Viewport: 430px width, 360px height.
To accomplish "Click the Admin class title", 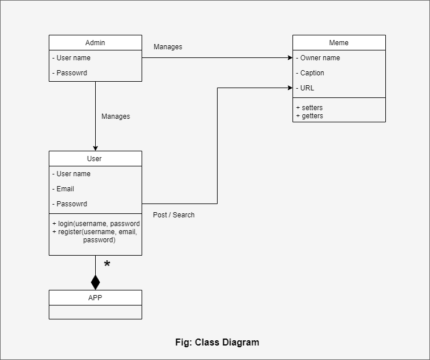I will (95, 43).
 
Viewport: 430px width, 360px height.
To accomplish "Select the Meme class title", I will (339, 43).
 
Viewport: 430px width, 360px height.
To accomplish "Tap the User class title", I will (94, 159).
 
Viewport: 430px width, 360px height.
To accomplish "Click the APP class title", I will (95, 298).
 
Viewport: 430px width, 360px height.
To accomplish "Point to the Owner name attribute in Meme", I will (320, 58).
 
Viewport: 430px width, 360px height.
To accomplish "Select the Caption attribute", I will (312, 73).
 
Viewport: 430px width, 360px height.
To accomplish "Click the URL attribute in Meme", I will (307, 88).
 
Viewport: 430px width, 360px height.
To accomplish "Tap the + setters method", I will (309, 108).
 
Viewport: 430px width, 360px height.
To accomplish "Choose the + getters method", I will (309, 116).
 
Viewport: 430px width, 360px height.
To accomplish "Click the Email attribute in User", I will (65, 189).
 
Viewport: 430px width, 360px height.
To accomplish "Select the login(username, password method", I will (96, 224).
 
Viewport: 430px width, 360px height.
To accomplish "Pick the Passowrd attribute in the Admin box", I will (71, 73).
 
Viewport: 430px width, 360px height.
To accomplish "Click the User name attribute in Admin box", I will (73, 58).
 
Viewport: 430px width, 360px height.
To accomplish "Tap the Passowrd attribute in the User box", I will (71, 204).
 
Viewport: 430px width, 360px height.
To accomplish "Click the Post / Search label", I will (174, 215).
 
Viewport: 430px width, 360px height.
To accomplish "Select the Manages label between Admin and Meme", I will (168, 47).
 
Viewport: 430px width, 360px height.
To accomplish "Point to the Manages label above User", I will (115, 117).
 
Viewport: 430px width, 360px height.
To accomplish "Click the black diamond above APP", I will (95, 282).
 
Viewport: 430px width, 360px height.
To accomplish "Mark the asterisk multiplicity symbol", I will (107, 265).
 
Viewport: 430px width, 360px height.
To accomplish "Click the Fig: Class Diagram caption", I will (217, 343).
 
